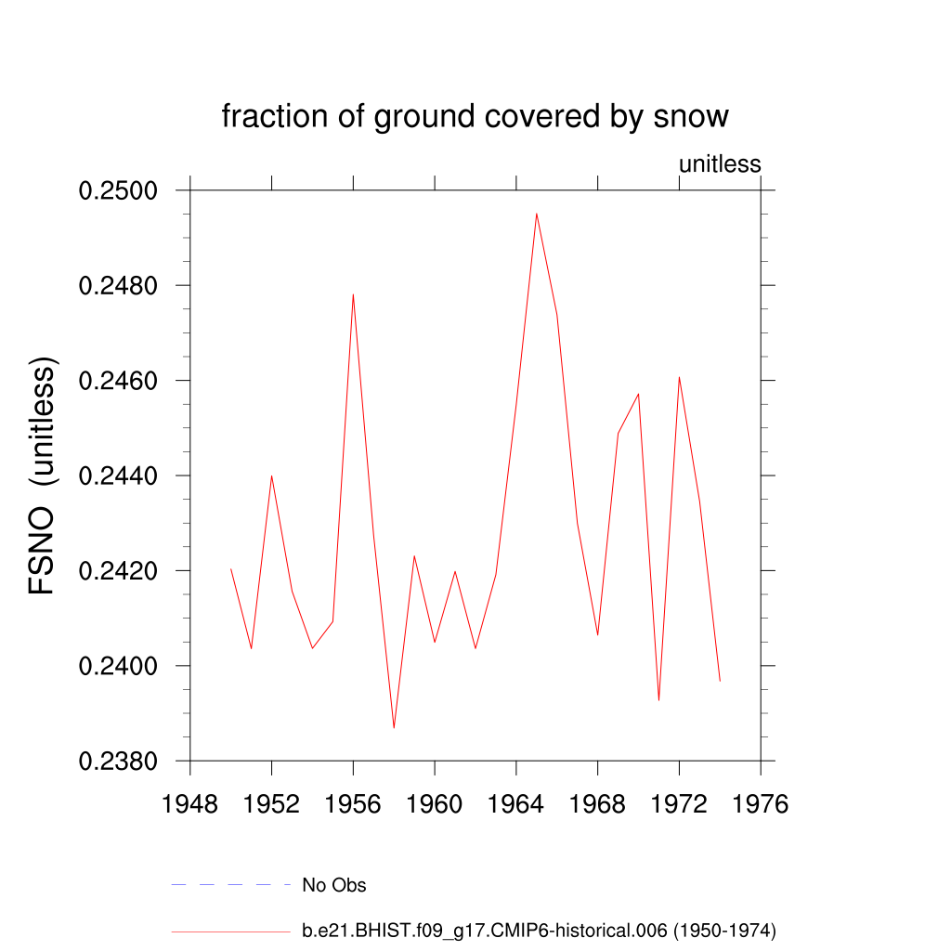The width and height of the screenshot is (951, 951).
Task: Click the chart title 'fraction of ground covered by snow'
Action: click(475, 117)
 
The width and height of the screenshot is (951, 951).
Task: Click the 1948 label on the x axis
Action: click(190, 804)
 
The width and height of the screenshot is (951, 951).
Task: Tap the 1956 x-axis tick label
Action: click(353, 804)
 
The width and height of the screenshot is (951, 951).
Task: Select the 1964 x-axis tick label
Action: click(516, 804)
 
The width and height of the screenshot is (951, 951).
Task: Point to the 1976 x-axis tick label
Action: click(760, 804)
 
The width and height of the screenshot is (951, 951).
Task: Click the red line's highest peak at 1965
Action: click(536, 214)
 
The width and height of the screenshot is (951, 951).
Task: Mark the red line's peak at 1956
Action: click(353, 294)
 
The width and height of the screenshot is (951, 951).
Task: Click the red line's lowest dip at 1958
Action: click(394, 727)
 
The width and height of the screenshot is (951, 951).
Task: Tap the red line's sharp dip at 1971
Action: click(658, 699)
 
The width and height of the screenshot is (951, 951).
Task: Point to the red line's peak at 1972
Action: click(679, 377)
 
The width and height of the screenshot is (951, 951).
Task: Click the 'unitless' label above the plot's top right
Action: click(720, 164)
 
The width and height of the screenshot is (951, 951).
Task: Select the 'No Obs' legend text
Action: click(334, 885)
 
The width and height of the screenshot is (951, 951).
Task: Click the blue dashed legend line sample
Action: click(231, 885)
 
